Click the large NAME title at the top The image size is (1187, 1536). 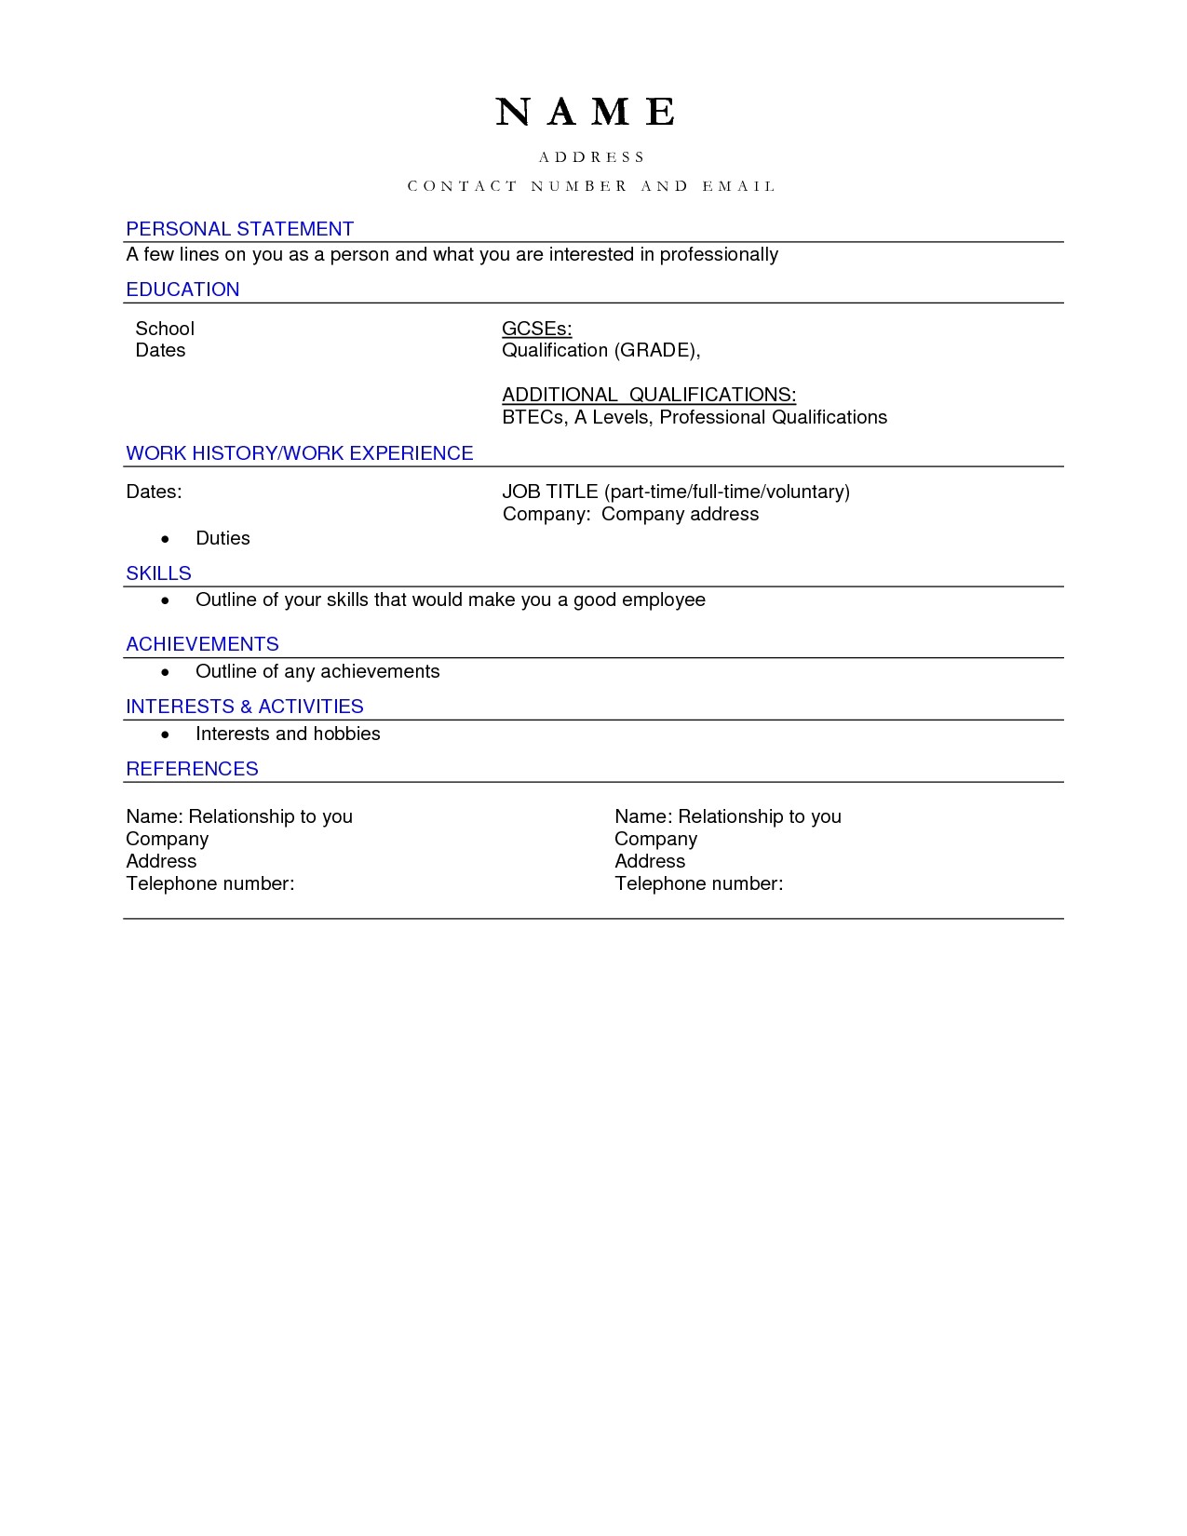pos(586,112)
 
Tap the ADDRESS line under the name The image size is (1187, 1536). pos(592,157)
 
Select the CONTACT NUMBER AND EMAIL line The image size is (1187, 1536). pos(592,186)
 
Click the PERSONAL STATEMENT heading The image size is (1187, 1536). pos(240,229)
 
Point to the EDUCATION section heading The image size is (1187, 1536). pos(182,290)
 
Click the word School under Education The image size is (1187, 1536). pos(165,329)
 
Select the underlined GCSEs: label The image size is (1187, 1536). pos(536,329)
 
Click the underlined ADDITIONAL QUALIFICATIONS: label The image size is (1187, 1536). pos(649,395)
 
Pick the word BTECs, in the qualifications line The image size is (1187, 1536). pos(534,417)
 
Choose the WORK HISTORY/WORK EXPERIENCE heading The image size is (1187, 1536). pos(300,453)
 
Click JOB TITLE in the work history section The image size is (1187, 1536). pos(549,492)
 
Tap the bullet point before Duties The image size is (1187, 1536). pos(166,539)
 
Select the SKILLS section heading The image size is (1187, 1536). pos(158,573)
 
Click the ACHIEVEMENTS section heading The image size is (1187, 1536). pos(202,644)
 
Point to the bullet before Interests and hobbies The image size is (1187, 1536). pos(166,734)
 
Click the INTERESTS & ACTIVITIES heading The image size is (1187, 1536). pos(245,707)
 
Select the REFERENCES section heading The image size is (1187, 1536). pos(192,769)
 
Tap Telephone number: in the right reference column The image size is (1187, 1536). pos(698,883)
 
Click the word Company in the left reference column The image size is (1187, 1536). pos(168,839)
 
